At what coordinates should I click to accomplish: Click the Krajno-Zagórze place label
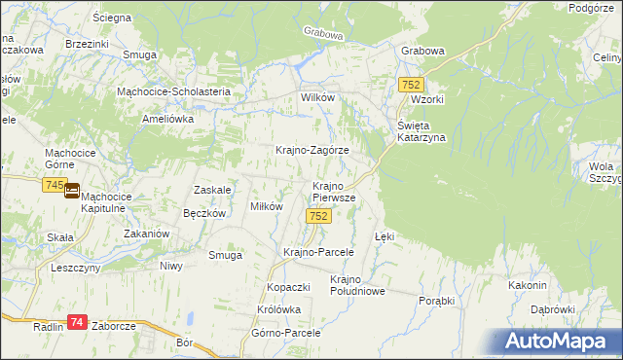(x=311, y=151)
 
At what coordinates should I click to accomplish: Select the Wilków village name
(x=317, y=99)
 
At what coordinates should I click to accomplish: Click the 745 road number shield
(x=55, y=185)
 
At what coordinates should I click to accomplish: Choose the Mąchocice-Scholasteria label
(x=173, y=91)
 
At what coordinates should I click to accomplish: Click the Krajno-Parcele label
(x=317, y=252)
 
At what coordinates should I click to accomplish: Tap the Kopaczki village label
(x=288, y=288)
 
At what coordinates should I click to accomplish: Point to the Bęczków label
(x=204, y=213)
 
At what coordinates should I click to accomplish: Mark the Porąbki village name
(x=437, y=301)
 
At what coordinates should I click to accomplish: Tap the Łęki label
(x=385, y=236)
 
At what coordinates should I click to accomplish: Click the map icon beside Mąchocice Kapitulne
(x=72, y=192)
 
